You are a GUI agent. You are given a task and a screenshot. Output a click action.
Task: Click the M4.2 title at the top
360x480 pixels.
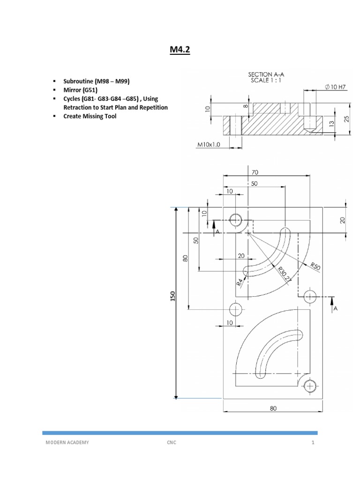pyautogui.click(x=180, y=50)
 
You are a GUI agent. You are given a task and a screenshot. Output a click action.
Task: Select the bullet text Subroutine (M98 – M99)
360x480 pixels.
pyautogui.click(x=96, y=81)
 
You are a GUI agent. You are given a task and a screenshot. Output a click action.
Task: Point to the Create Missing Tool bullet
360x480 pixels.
pyautogui.click(x=90, y=116)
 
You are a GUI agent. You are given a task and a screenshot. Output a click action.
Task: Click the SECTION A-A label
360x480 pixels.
pyautogui.click(x=266, y=74)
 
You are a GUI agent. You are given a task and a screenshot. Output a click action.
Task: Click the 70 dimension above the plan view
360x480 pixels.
pyautogui.click(x=255, y=172)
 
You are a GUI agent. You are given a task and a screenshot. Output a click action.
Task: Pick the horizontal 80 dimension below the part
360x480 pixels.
pyautogui.click(x=273, y=408)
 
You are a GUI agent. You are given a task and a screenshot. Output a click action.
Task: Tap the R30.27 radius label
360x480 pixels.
pyautogui.click(x=284, y=273)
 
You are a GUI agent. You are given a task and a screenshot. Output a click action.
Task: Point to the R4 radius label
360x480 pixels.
pyautogui.click(x=240, y=282)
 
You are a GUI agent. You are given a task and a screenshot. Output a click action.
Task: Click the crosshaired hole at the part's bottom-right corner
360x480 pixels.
pyautogui.click(x=309, y=386)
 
